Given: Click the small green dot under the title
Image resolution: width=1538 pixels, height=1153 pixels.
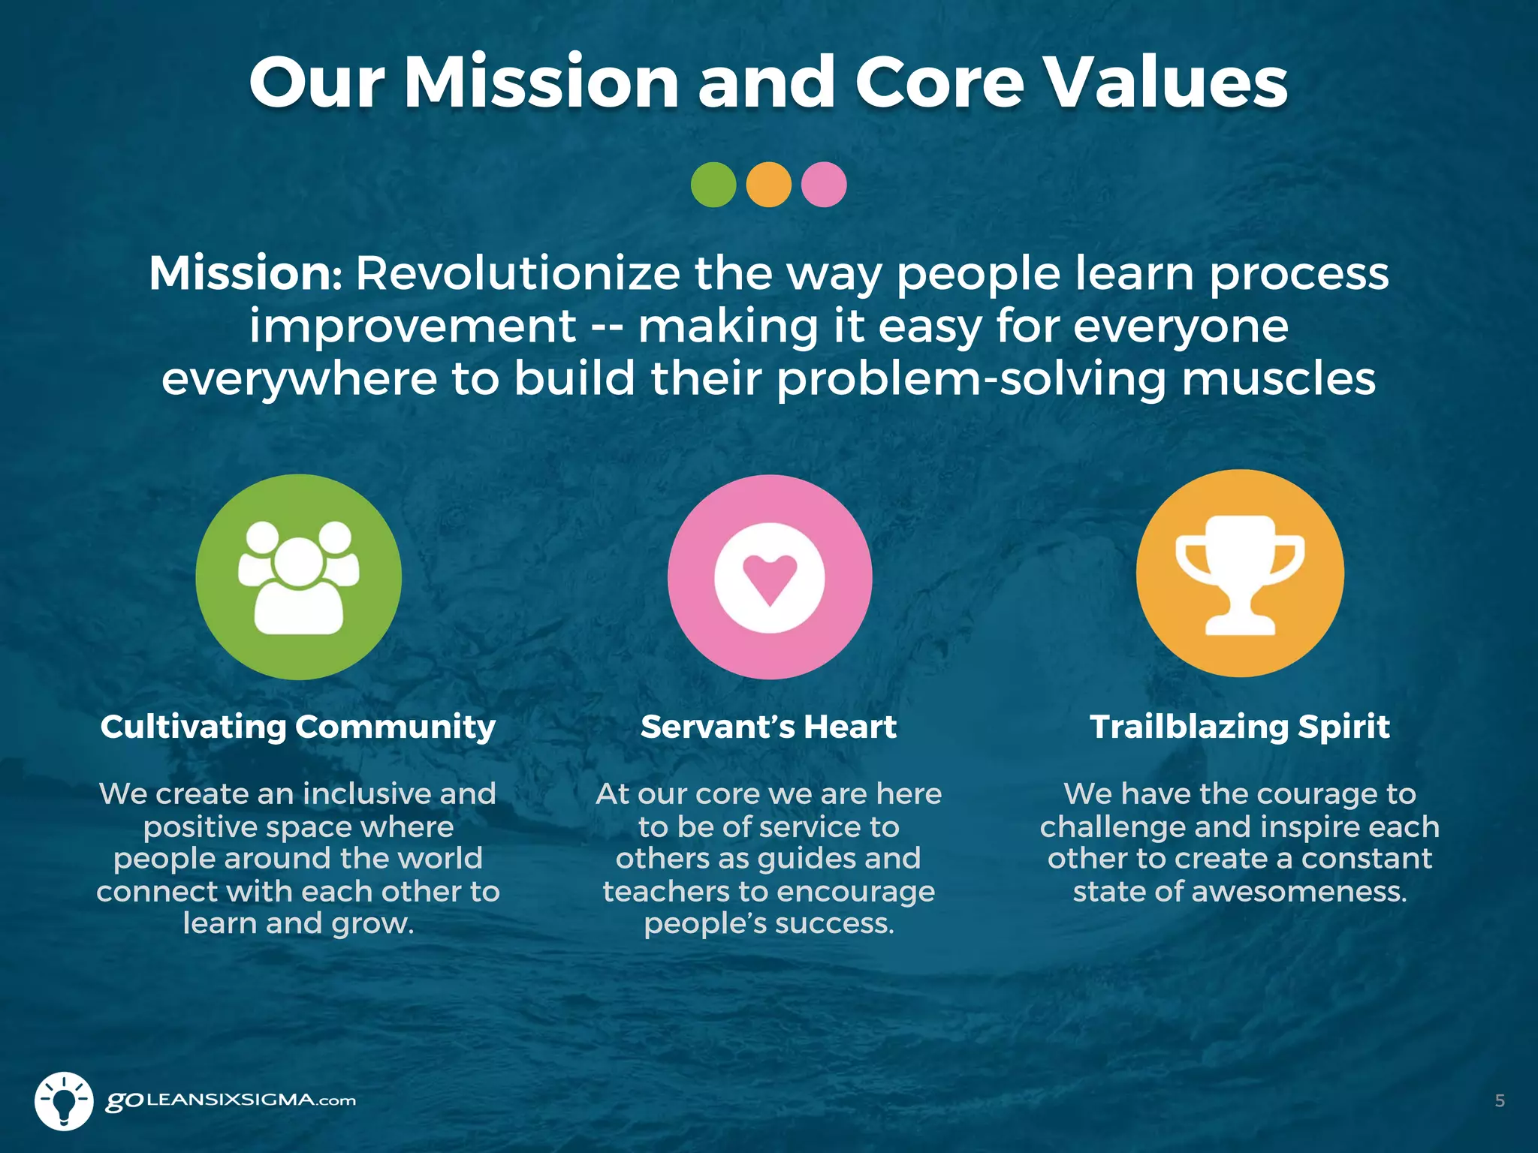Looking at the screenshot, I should pos(713,185).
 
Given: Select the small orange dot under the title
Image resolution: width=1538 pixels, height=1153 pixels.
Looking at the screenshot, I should pos(768,185).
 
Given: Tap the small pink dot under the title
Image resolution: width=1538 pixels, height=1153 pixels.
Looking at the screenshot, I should pos(824,185).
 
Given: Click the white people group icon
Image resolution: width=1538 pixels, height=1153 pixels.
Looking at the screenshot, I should pos(299,577).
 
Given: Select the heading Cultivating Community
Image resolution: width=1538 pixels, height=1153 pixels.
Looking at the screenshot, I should pos(298,727).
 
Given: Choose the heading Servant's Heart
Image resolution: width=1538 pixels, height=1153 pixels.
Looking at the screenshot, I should pos(768,727).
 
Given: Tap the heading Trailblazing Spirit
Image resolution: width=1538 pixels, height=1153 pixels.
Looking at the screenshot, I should pos(1240,727).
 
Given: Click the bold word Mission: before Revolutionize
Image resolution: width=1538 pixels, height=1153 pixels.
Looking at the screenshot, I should pos(246,273).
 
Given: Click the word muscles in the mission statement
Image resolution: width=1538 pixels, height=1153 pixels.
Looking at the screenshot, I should pos(1279,378).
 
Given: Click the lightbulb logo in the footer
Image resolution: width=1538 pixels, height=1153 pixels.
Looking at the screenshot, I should pos(64,1101).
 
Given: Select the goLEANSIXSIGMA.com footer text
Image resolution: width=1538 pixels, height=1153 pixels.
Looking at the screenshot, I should pos(231,1101).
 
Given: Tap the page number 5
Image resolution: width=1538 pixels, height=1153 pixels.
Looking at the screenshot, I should pos(1500,1101).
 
